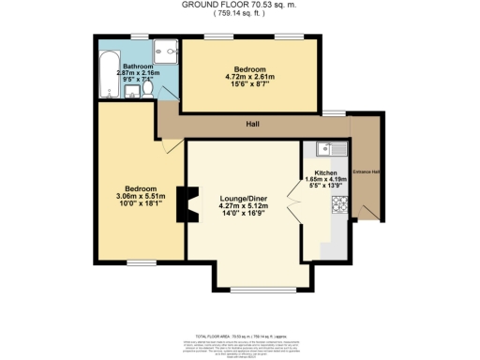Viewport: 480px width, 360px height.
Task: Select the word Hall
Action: coord(252,124)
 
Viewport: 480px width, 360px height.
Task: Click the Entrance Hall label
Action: coord(366,172)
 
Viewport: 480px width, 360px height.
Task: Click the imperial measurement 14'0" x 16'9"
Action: coord(244,217)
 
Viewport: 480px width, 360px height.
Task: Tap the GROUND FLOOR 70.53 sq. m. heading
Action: coord(240,6)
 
